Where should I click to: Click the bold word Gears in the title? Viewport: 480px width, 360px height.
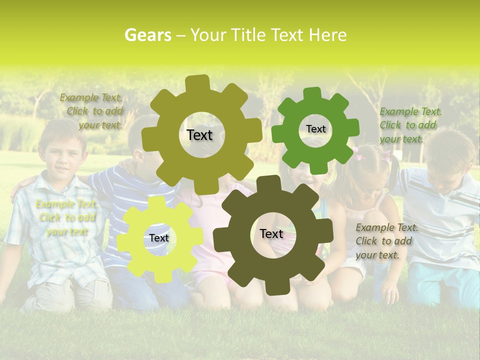click(x=147, y=35)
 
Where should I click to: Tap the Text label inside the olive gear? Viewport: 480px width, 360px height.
click(x=199, y=135)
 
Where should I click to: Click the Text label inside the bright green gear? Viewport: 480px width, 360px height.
click(x=315, y=129)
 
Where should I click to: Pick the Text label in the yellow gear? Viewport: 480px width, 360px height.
click(x=159, y=238)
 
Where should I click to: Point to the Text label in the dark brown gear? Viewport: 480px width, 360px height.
click(x=271, y=233)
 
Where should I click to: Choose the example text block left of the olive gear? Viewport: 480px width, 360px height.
click(x=92, y=111)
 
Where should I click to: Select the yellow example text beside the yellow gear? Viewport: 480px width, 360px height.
click(x=65, y=218)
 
